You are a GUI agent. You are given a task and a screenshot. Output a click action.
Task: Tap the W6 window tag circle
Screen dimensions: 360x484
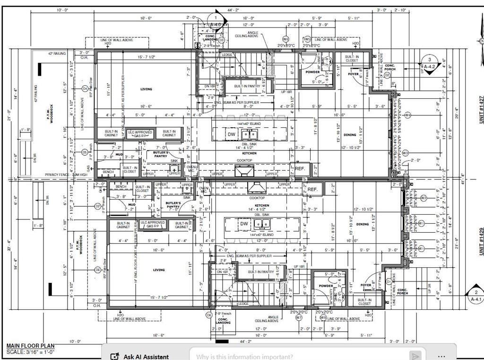point(285,39)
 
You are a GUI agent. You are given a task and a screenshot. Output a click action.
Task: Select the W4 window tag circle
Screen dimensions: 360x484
point(407,115)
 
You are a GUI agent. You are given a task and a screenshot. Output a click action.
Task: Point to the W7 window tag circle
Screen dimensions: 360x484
point(298,318)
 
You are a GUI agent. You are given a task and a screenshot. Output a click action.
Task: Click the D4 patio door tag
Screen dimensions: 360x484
point(85,88)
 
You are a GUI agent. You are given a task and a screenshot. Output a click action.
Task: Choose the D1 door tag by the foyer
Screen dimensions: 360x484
point(389,281)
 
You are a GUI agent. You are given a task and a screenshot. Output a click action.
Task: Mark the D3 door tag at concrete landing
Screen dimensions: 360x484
point(221,40)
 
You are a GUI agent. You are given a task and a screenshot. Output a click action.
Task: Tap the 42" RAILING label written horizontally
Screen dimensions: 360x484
point(57,54)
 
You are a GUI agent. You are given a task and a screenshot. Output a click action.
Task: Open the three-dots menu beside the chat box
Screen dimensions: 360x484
point(441,356)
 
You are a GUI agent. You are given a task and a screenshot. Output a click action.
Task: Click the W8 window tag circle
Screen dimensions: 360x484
point(323,318)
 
